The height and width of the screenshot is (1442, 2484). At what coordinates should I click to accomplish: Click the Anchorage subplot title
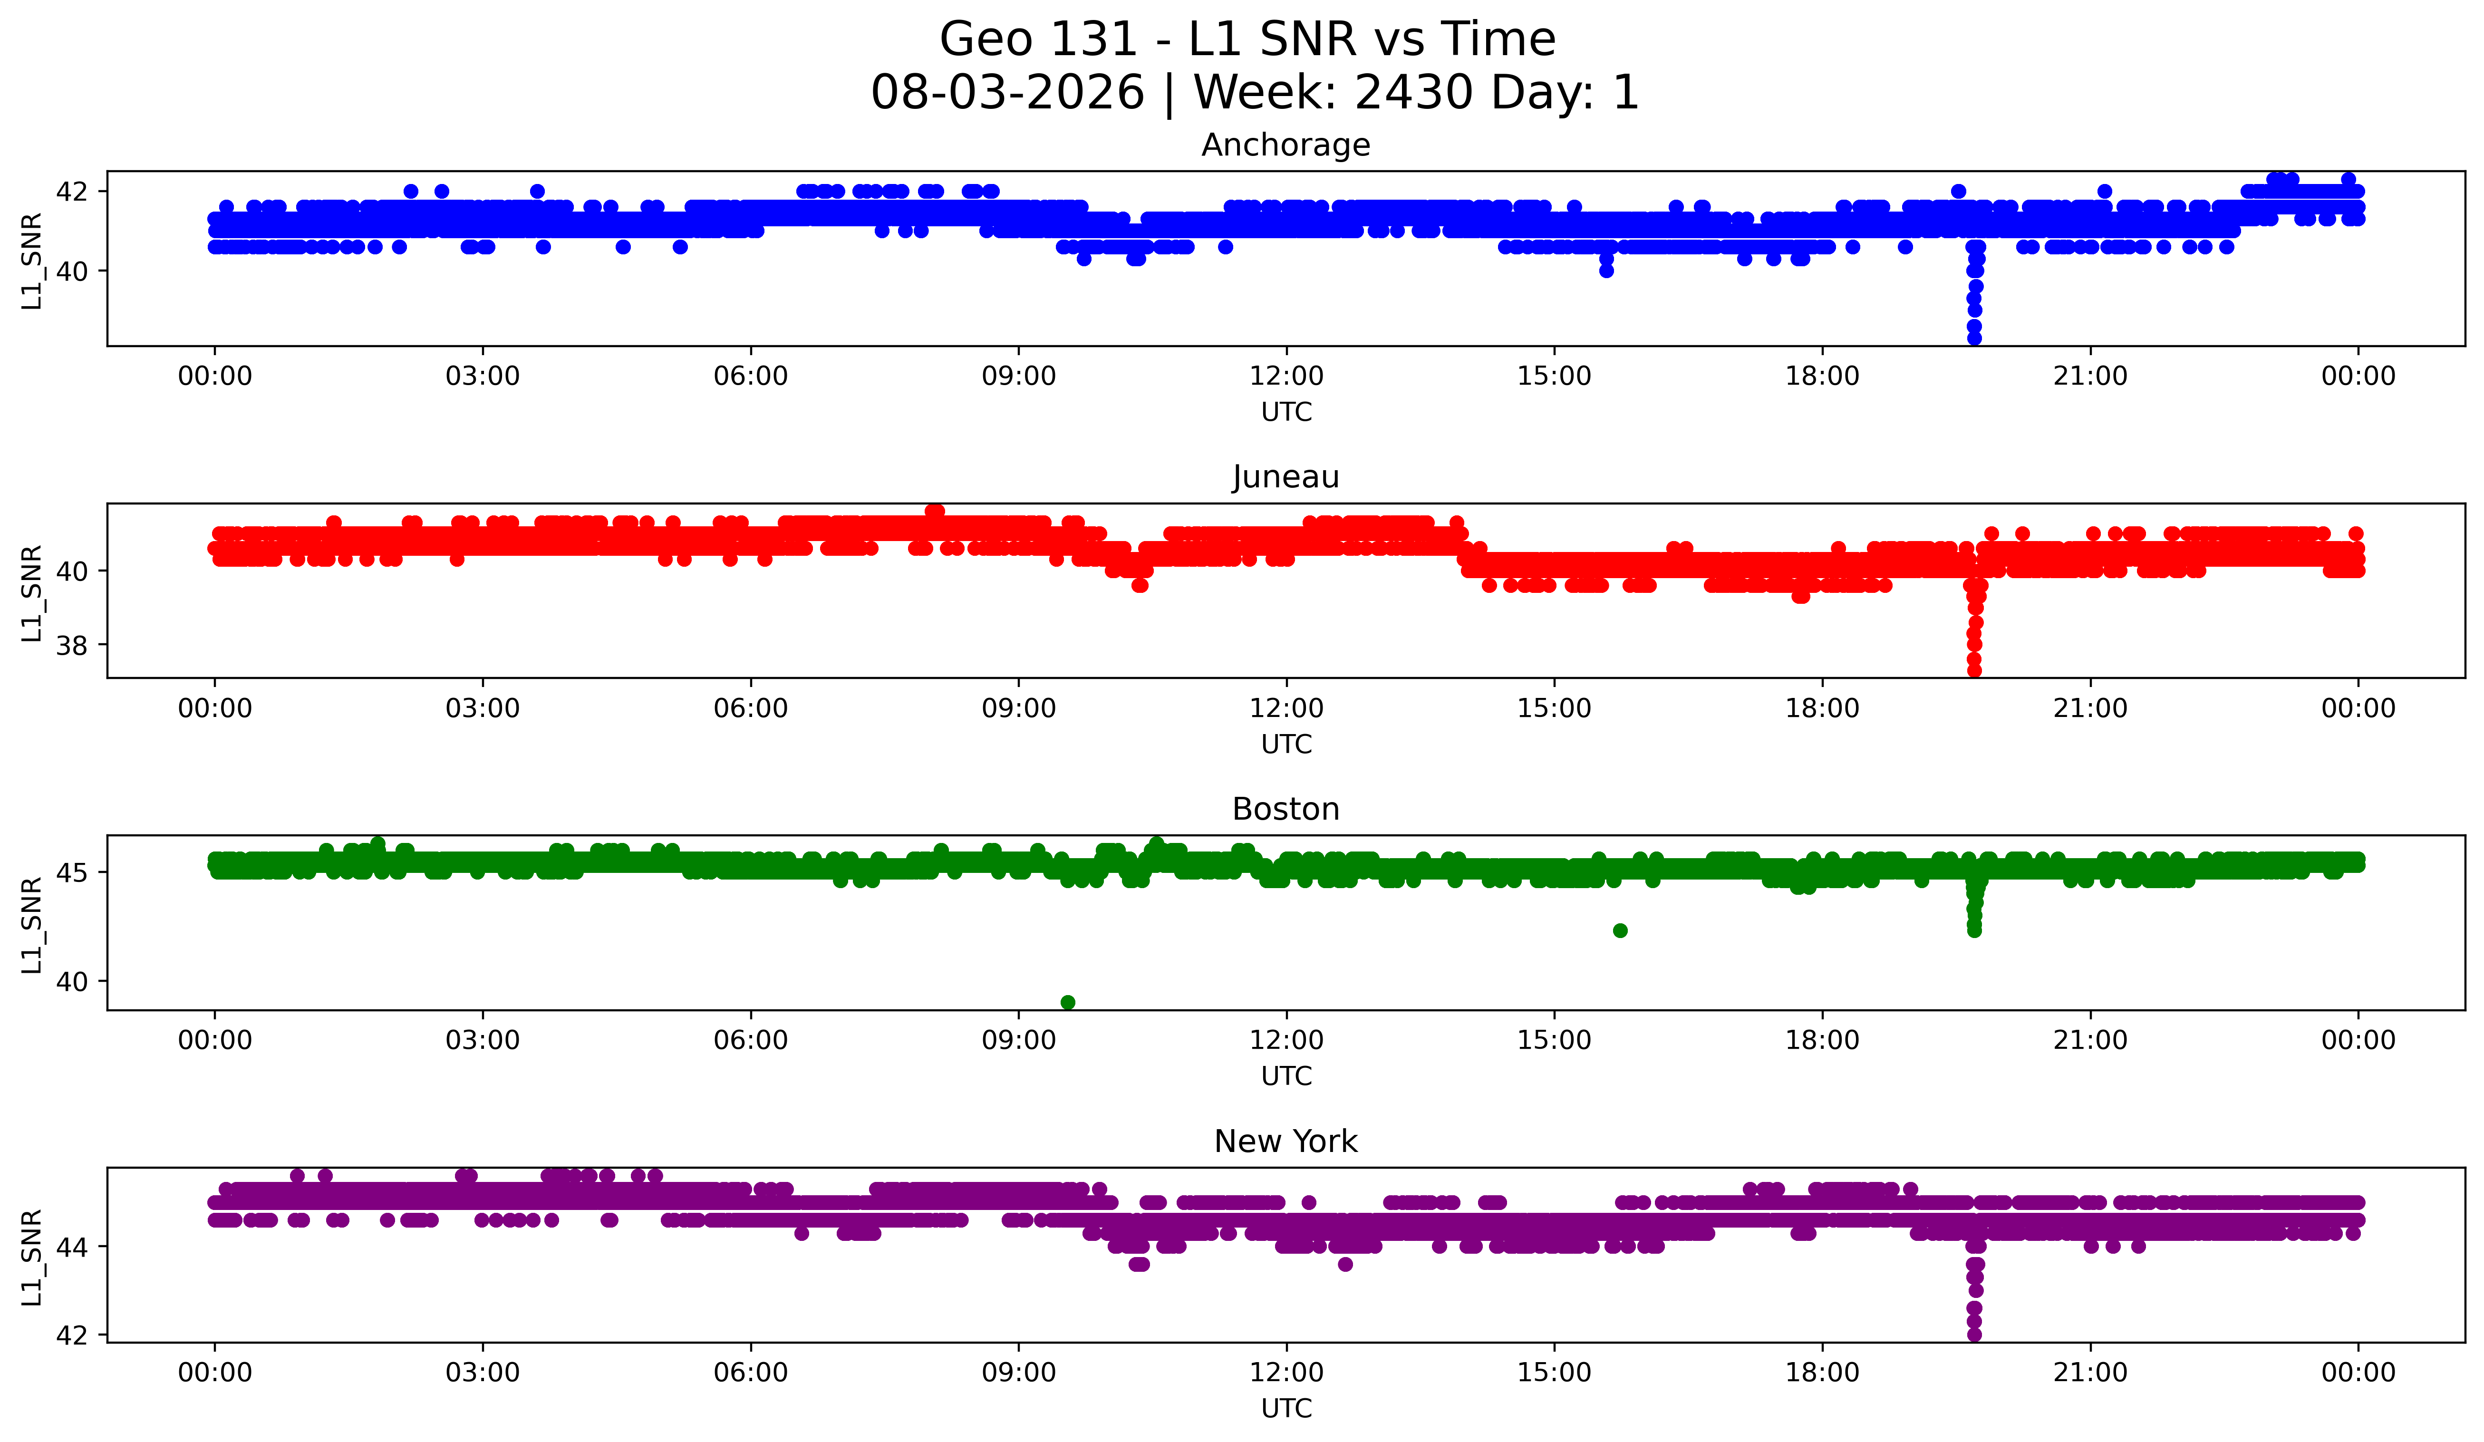click(1285, 145)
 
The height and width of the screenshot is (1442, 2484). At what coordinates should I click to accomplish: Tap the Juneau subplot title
click(1285, 477)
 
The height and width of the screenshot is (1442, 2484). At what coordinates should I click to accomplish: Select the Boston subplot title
click(1285, 809)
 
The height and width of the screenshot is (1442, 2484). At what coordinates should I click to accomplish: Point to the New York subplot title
click(1285, 1142)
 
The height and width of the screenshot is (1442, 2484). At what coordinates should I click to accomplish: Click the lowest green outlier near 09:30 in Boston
click(1068, 1002)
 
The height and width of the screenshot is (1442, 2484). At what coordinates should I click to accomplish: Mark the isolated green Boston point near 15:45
click(1620, 930)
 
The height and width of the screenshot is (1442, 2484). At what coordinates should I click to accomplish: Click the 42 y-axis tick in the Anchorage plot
click(72, 191)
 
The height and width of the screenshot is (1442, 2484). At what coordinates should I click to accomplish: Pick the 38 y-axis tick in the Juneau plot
click(72, 646)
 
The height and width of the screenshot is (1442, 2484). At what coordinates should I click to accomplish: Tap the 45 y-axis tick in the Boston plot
click(72, 872)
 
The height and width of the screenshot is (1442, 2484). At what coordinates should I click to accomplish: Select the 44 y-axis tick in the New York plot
click(72, 1247)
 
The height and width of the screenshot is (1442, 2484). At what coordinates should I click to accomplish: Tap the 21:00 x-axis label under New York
click(2090, 1372)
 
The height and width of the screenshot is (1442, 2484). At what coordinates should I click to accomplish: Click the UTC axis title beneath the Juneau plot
click(1286, 744)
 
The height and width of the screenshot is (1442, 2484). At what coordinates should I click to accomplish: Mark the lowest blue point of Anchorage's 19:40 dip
click(1974, 338)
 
